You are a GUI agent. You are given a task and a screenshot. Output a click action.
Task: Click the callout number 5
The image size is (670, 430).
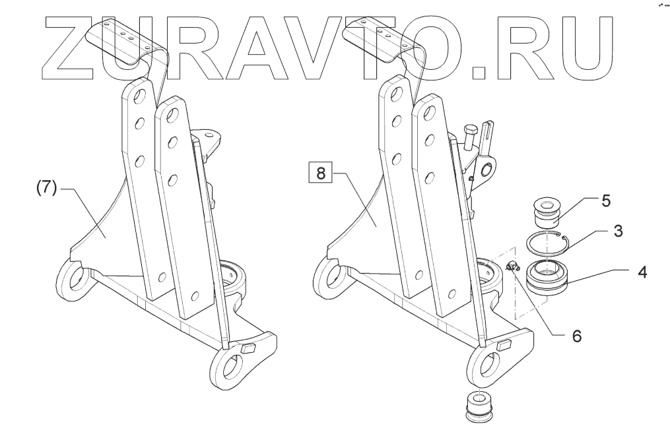click(605, 201)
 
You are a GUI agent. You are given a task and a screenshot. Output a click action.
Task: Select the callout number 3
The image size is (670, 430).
click(618, 231)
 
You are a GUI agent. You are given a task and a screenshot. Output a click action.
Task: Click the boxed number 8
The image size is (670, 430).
click(321, 174)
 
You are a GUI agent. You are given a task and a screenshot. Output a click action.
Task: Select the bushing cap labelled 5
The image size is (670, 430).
click(545, 209)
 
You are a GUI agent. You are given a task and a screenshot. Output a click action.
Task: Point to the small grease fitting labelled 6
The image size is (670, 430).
click(511, 266)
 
